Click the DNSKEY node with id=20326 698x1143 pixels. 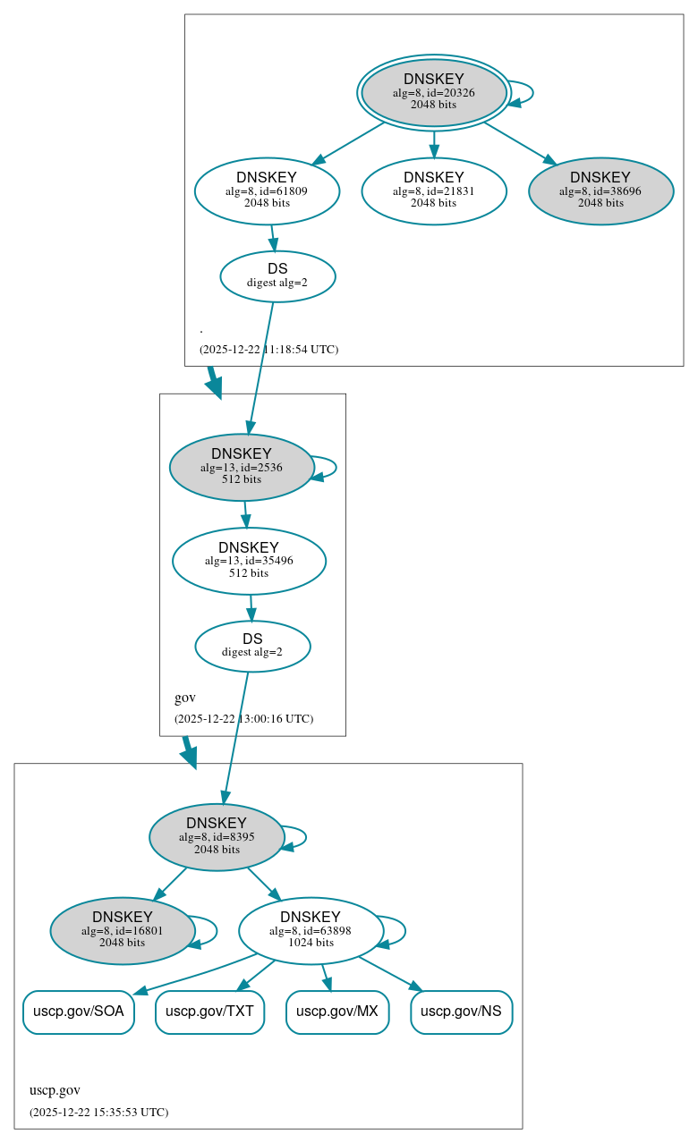(434, 92)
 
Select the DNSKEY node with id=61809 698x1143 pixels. (267, 190)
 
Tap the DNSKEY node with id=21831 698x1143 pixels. (434, 190)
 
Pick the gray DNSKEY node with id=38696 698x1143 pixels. (600, 190)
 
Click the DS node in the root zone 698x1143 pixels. (277, 276)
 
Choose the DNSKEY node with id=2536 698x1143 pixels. (241, 467)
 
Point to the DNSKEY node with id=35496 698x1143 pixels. (249, 561)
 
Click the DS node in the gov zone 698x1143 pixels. (252, 646)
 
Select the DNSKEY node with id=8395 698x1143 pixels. (217, 837)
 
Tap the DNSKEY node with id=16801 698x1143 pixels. (123, 930)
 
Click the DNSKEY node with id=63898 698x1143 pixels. (311, 930)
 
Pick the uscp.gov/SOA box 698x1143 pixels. (79, 1012)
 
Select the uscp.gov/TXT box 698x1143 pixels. (209, 1012)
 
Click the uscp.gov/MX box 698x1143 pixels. (337, 1012)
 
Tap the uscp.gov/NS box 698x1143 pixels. (461, 1012)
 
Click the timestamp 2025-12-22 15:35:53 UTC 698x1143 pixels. (98, 1113)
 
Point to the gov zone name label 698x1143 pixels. (185, 698)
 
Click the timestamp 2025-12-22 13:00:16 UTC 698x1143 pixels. (243, 719)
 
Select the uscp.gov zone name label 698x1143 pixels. (55, 1090)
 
